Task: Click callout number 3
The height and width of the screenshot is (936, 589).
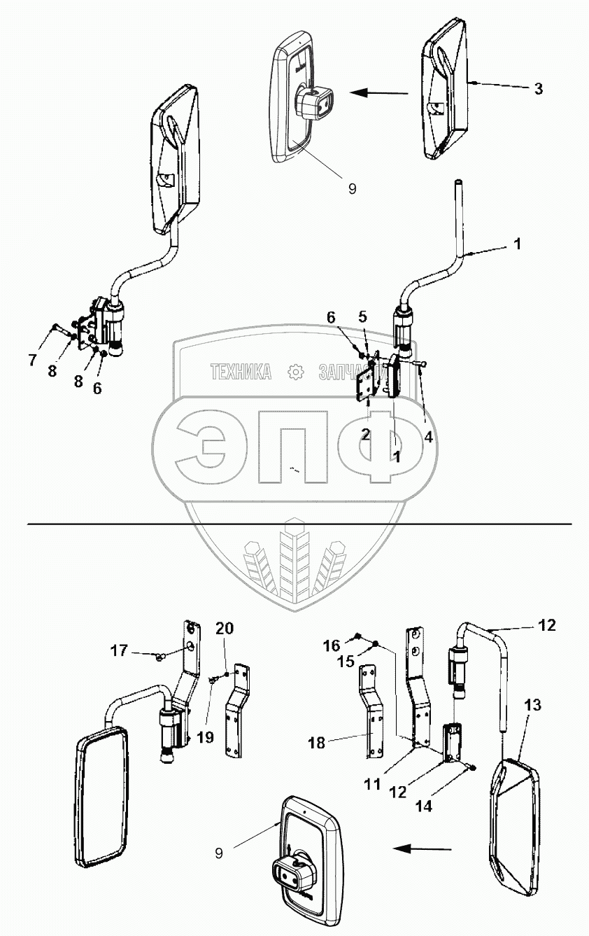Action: (x=538, y=89)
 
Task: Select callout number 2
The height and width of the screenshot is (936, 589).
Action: (x=365, y=435)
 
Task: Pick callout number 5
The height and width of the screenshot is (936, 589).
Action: (x=362, y=316)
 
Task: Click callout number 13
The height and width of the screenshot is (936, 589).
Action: (x=532, y=706)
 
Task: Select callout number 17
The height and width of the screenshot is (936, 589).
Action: (x=119, y=651)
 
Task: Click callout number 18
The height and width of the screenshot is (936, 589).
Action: (x=317, y=743)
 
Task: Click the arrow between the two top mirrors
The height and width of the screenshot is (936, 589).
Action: (x=378, y=92)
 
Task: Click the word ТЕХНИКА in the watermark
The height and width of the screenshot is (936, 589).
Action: (x=241, y=372)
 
